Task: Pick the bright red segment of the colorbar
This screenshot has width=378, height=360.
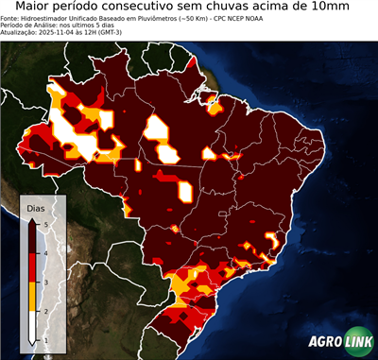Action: (33, 267)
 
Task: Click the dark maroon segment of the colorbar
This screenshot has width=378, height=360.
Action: (33, 237)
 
